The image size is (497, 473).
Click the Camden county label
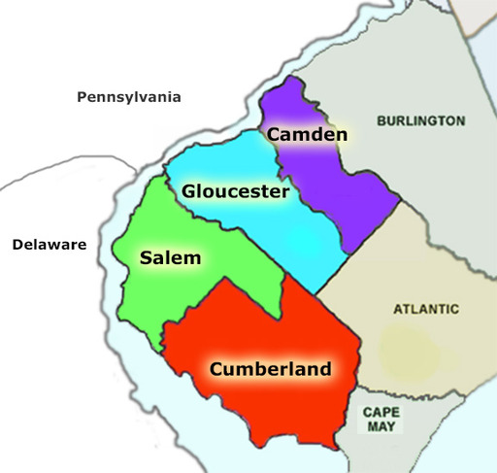(307, 134)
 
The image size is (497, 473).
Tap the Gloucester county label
(235, 192)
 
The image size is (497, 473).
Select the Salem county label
(169, 258)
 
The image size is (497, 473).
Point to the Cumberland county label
(270, 369)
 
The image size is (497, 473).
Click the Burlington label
(420, 121)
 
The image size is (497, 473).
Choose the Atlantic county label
(425, 310)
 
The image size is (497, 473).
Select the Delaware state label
(50, 244)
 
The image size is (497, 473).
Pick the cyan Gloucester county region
(291, 238)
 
